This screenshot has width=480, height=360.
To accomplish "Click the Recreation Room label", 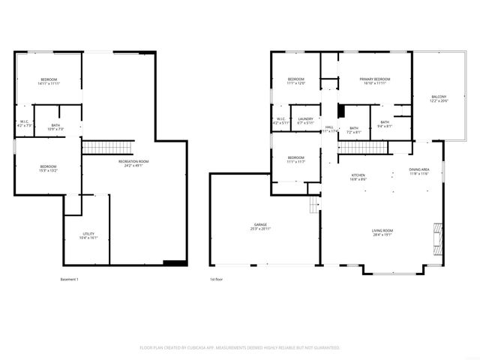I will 133,163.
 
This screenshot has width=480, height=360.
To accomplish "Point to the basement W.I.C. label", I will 24,124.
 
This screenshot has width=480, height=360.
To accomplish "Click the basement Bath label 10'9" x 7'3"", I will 56,127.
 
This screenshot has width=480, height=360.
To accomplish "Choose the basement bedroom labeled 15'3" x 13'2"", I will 48,168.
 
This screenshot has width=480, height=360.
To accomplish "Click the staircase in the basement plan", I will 97,147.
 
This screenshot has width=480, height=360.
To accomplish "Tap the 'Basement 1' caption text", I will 69,280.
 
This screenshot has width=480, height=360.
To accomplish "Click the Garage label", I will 259,227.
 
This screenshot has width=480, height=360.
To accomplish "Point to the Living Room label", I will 382,232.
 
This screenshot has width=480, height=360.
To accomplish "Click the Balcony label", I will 439,98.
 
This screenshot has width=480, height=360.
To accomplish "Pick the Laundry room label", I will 305,121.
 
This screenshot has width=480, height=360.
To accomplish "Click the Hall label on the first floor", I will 328,129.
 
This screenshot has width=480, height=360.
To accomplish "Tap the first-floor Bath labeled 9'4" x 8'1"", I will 384,124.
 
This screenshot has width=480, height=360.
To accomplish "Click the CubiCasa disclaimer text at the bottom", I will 240,347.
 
